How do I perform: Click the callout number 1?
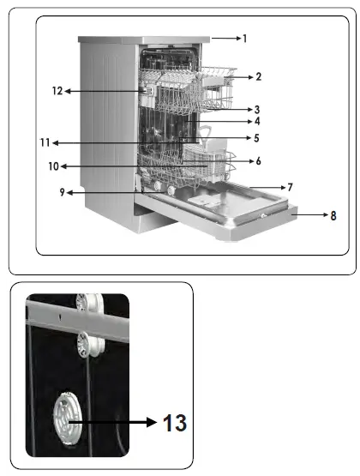point(244,39)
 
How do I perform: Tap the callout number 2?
point(258,76)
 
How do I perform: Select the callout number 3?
point(257,110)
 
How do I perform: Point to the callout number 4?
point(257,122)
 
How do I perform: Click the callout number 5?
point(257,137)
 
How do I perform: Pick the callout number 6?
point(258,160)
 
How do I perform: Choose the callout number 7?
point(291,186)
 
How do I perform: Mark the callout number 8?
point(333,215)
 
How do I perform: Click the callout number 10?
point(52,166)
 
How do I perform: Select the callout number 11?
point(51,142)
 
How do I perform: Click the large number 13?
point(173,422)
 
